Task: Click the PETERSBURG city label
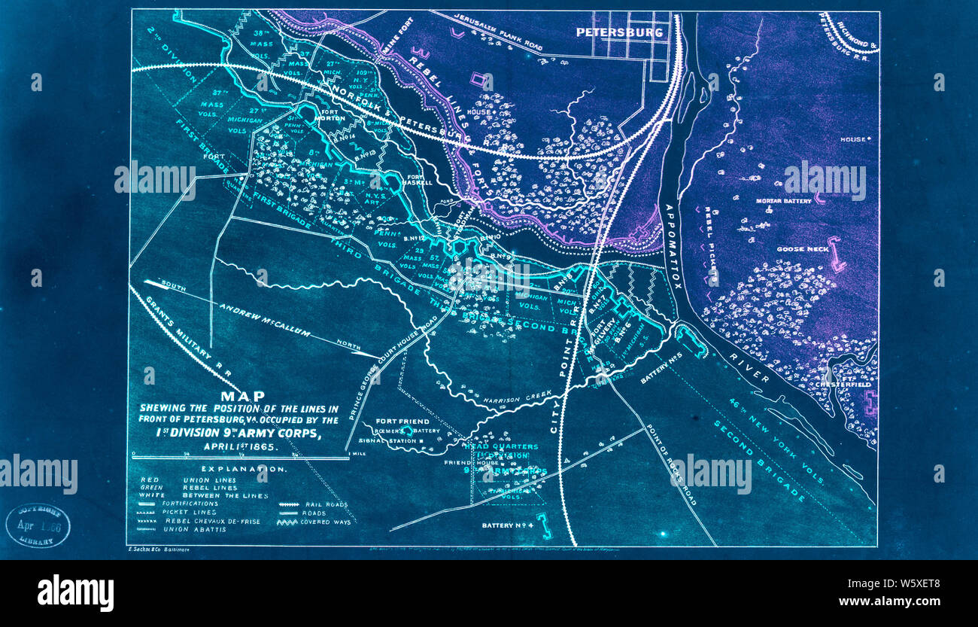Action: tap(619, 32)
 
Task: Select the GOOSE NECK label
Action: tap(803, 249)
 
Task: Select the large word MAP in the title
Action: tap(241, 396)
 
